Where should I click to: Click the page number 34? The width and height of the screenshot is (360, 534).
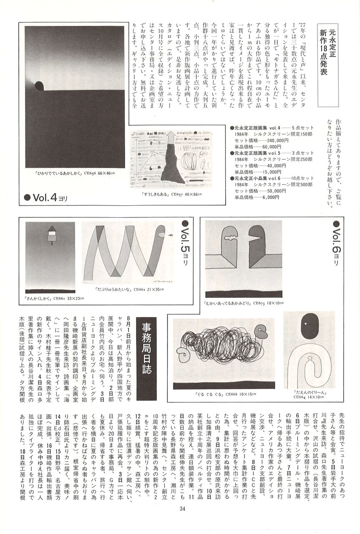click(182, 508)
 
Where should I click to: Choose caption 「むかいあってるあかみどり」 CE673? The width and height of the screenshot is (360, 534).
click(244, 303)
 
